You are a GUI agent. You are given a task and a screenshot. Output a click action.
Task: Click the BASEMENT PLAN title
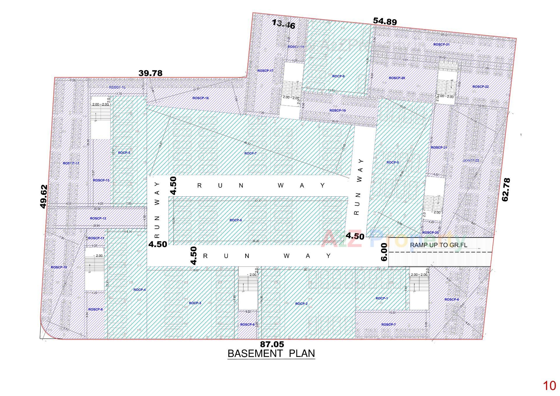tap(271, 353)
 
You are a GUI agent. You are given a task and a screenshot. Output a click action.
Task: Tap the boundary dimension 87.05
tap(272, 345)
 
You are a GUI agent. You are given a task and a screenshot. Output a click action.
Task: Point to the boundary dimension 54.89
tap(385, 21)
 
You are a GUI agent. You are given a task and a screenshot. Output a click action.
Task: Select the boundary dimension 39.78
tap(150, 73)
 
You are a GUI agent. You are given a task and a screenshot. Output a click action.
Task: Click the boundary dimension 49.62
tap(43, 196)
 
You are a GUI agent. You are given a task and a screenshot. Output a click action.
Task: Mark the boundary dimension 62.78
tap(506, 189)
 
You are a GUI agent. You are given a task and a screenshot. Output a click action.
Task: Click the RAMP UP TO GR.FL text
tap(438, 245)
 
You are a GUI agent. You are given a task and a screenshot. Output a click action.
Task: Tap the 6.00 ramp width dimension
tap(384, 252)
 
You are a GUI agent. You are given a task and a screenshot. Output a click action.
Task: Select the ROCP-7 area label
tap(250, 153)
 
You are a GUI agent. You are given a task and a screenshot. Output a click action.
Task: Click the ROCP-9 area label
tap(338, 76)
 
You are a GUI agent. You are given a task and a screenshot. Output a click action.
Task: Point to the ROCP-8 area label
tap(392, 162)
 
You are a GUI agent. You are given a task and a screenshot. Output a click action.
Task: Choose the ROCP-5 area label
tap(124, 153)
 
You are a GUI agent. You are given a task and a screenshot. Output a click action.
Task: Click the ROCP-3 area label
tap(195, 303)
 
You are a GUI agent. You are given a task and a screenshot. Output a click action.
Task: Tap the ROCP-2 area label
tap(301, 303)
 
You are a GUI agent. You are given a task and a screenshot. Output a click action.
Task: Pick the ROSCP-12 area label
tap(98, 218)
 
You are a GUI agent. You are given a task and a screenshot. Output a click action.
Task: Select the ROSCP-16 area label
tap(200, 98)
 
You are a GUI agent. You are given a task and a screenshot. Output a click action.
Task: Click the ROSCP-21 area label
tap(441, 44)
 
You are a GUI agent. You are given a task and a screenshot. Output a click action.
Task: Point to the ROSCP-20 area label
tap(397, 78)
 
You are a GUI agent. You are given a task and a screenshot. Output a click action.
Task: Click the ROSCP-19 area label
tap(337, 110)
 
